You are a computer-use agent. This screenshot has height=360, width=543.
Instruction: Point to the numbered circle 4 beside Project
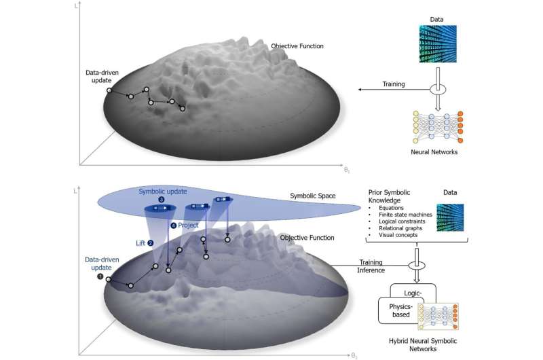click(174, 225)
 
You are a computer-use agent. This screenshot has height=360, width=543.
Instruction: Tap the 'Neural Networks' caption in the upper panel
click(434, 152)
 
